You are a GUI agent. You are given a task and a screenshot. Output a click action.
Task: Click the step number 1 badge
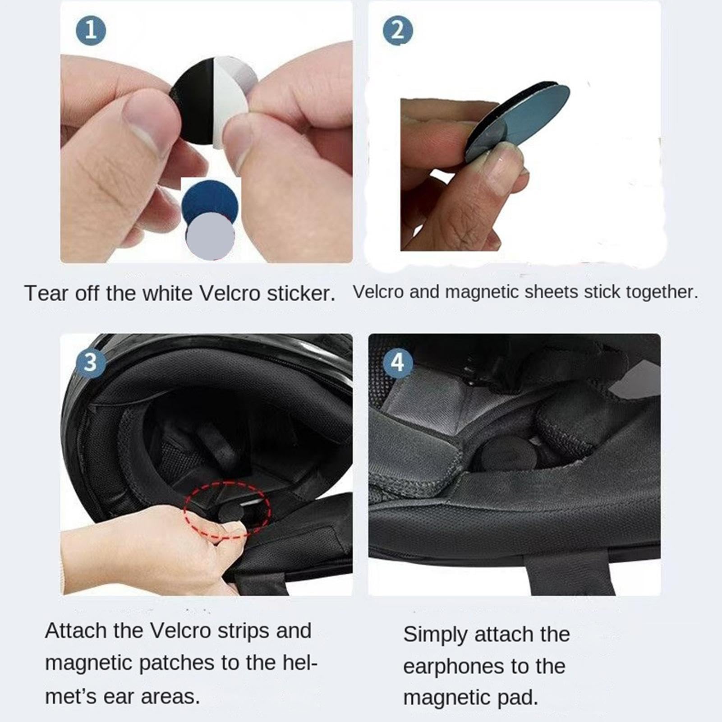click(91, 30)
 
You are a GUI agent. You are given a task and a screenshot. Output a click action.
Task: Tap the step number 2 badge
click(397, 30)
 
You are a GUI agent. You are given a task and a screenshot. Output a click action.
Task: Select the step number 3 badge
click(91, 362)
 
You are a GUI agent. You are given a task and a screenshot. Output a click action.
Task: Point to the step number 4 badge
click(397, 362)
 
